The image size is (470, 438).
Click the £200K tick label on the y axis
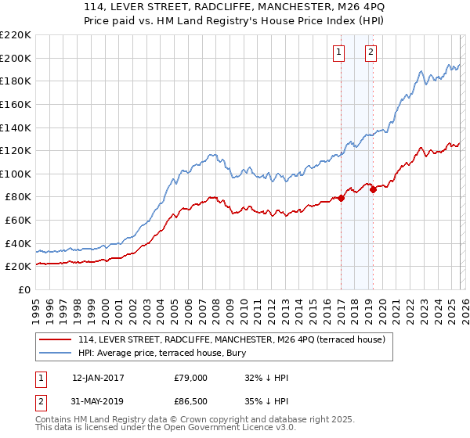point(16,58)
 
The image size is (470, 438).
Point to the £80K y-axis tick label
point(19,197)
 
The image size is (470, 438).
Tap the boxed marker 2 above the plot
point(371,53)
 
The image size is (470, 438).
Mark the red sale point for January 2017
point(342,198)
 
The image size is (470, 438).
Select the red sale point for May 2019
point(374,188)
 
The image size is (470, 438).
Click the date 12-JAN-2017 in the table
point(98,378)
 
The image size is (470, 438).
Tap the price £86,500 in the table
point(191,403)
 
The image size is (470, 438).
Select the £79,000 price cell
point(191,378)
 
